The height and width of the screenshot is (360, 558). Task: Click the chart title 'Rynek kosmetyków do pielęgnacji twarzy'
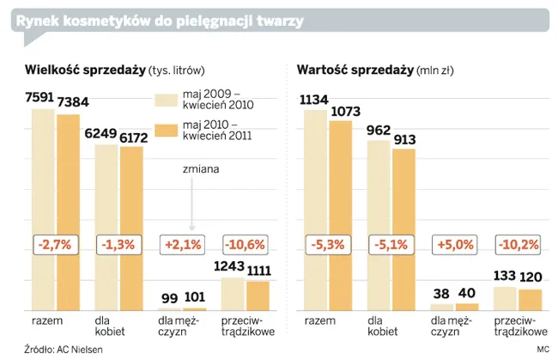pos(159,20)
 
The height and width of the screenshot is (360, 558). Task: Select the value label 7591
pos(39,97)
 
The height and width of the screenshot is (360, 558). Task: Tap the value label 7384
pos(73,103)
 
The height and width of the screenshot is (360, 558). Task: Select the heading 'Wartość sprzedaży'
pos(354,70)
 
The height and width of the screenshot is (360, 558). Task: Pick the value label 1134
pos(314,99)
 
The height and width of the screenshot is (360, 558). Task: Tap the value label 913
pos(403,137)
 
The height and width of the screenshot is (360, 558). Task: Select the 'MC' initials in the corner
pos(543,349)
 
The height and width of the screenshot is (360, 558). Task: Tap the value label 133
pos(506,277)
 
